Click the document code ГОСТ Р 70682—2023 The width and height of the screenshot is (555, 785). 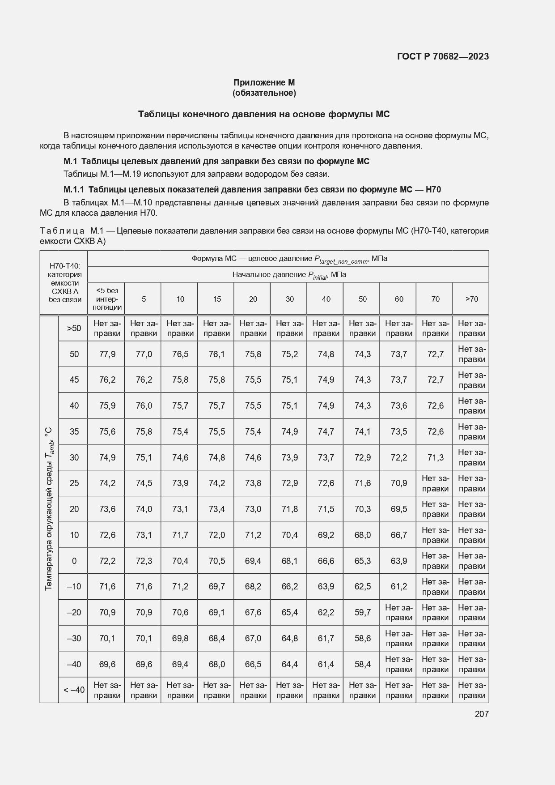pyautogui.click(x=442, y=56)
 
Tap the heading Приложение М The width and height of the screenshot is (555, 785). pyautogui.click(x=264, y=82)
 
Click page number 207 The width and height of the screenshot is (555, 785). pyautogui.click(x=481, y=714)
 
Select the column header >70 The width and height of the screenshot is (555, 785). pyautogui.click(x=471, y=299)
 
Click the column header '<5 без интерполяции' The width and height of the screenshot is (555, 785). pyautogui.click(x=106, y=299)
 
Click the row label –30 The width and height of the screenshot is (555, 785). pyautogui.click(x=74, y=638)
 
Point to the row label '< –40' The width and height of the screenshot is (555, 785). pyautogui.click(x=74, y=690)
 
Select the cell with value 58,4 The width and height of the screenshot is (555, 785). pyautogui.click(x=362, y=664)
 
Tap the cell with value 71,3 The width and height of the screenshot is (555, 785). pyautogui.click(x=435, y=457)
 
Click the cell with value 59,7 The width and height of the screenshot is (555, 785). pyautogui.click(x=362, y=612)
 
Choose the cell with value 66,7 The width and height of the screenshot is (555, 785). pyautogui.click(x=398, y=535)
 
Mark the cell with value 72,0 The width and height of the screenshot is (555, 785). pyautogui.click(x=216, y=535)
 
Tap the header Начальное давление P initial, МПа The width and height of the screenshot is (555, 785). pyautogui.click(x=289, y=275)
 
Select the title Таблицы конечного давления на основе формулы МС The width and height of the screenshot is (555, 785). pyautogui.click(x=264, y=114)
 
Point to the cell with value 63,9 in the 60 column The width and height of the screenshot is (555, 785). pyautogui.click(x=398, y=561)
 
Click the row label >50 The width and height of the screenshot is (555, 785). pyautogui.click(x=74, y=328)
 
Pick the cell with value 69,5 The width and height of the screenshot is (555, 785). pyautogui.click(x=398, y=509)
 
